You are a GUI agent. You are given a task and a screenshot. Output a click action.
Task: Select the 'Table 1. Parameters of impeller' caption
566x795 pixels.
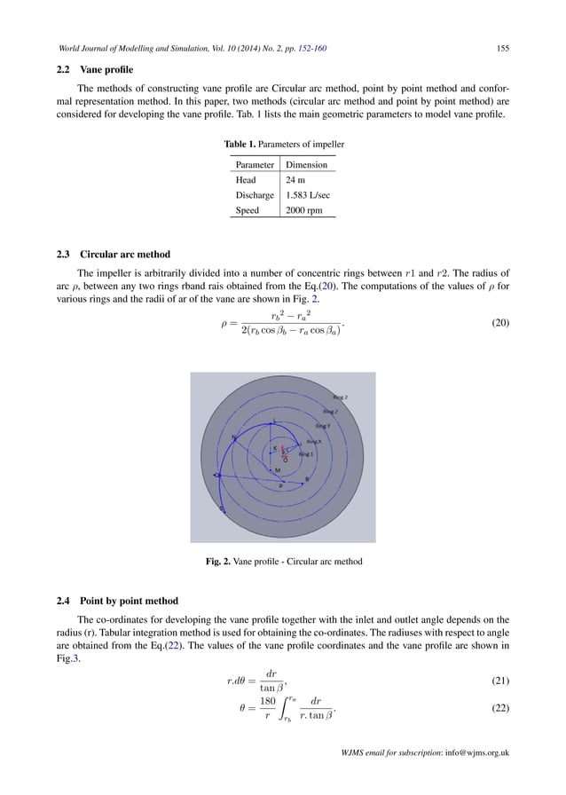(x=283, y=144)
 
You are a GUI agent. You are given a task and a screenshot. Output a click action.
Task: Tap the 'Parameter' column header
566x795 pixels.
(x=253, y=165)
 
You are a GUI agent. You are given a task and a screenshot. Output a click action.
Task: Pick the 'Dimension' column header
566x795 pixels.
(x=306, y=165)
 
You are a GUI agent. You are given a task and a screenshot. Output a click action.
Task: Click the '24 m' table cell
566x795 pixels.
(x=296, y=180)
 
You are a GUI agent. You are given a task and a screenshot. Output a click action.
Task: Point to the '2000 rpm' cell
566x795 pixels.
(x=304, y=211)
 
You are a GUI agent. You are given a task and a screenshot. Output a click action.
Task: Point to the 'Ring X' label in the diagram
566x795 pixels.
(x=314, y=441)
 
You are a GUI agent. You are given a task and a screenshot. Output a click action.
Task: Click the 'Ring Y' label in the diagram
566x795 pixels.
(x=323, y=426)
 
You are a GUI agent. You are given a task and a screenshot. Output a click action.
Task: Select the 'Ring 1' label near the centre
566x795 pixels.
(x=307, y=453)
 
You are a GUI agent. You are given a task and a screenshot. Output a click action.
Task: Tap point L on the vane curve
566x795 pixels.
(x=274, y=421)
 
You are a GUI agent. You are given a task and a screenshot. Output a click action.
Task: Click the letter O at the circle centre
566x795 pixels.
(x=285, y=459)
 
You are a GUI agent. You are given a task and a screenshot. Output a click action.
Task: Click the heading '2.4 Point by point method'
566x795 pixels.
(x=116, y=601)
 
